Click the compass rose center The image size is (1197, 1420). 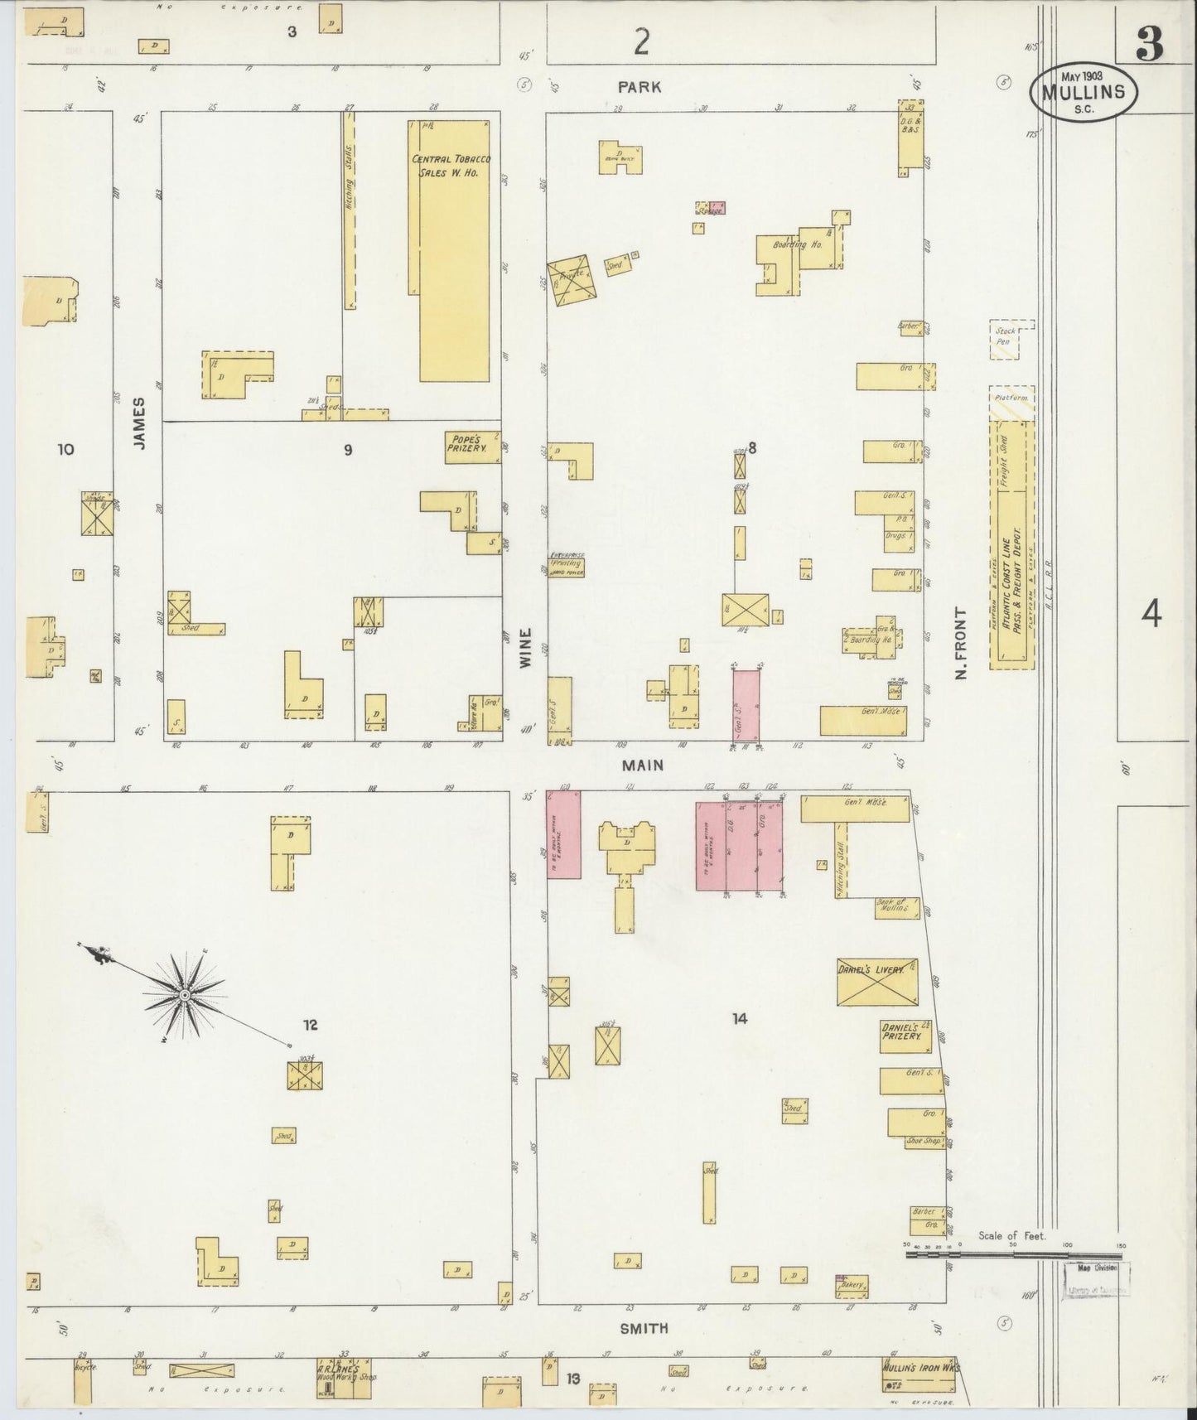pyautogui.click(x=185, y=993)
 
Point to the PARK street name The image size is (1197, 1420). pyautogui.click(x=640, y=87)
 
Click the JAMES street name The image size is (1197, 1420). pyautogui.click(x=138, y=423)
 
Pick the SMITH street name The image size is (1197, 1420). pyautogui.click(x=644, y=1327)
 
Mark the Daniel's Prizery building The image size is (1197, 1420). pyautogui.click(x=904, y=1036)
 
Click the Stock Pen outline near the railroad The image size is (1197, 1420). pyautogui.click(x=1011, y=340)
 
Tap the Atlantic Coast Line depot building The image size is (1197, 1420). pyautogui.click(x=1011, y=543)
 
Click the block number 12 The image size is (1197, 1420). pyautogui.click(x=310, y=1025)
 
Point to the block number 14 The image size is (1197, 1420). pyautogui.click(x=739, y=1019)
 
